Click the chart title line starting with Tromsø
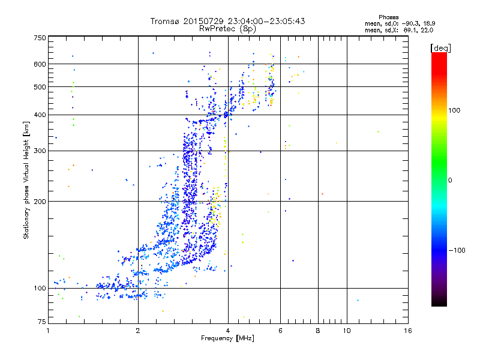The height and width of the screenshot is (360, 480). click(x=228, y=21)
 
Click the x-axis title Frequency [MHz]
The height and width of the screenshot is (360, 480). click(x=228, y=339)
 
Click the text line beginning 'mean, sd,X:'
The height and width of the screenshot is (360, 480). click(x=399, y=29)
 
